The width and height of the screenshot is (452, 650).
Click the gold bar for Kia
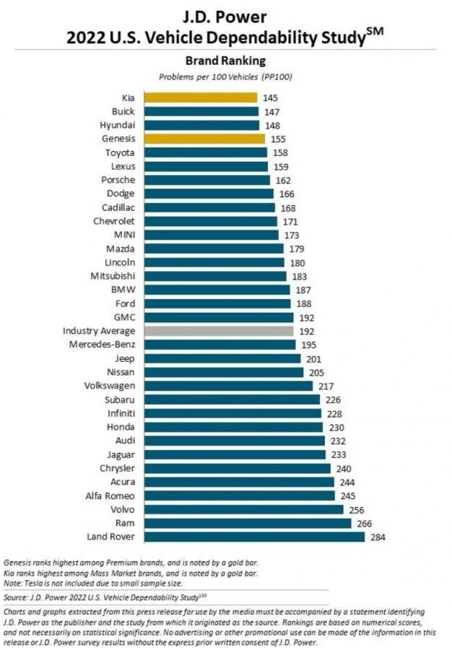[201, 97]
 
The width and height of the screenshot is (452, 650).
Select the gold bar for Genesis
[204, 139]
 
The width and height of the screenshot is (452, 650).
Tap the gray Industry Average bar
[219, 331]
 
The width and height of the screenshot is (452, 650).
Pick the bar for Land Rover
[254, 537]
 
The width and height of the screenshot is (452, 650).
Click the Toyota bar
[206, 152]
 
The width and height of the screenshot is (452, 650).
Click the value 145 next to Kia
[271, 97]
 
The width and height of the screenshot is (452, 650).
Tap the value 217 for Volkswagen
[328, 386]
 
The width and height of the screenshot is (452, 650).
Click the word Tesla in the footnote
[34, 583]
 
